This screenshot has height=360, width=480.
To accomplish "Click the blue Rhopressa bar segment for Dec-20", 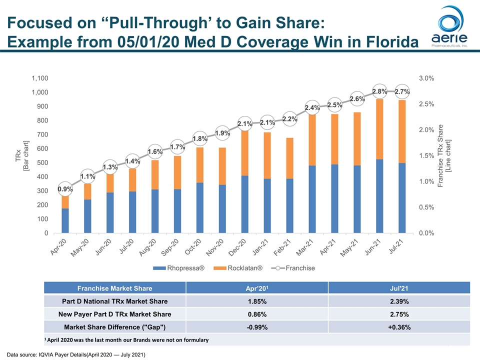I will coord(245,204).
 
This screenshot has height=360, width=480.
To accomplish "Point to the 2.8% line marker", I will coord(380,91).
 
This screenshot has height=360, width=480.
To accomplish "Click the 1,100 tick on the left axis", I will coord(39,78).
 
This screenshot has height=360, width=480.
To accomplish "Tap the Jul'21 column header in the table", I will coord(399,288).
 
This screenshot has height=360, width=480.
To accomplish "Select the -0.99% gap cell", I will coord(257,327).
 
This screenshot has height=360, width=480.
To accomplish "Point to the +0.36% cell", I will coord(399,327).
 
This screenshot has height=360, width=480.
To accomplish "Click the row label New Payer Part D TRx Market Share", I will coord(115,314).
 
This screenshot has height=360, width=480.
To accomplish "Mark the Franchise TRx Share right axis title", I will coord(444,155).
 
